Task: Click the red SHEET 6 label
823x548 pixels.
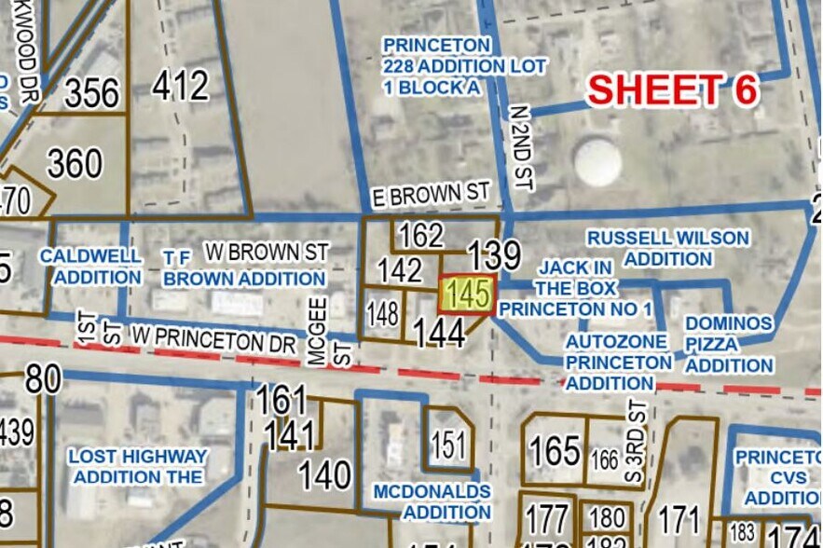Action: (x=673, y=89)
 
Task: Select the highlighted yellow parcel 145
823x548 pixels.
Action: (x=466, y=295)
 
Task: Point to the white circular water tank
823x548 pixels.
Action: (x=597, y=161)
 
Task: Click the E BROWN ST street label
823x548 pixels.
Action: (x=429, y=196)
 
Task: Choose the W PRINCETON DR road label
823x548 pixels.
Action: (x=213, y=336)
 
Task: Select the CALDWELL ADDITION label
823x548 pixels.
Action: (x=91, y=267)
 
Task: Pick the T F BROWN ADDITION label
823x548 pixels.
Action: (x=244, y=267)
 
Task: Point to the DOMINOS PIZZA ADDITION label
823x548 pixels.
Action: (x=729, y=344)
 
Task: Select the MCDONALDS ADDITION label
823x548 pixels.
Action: (x=432, y=501)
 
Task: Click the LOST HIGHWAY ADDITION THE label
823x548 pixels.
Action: (x=138, y=467)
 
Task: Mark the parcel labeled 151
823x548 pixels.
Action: (x=448, y=445)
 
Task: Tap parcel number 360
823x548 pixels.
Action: (x=74, y=165)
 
